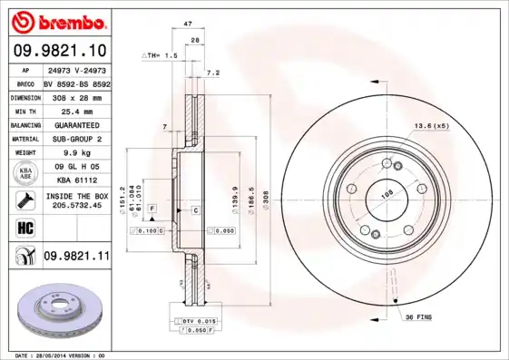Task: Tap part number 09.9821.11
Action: point(76,258)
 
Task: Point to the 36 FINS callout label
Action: point(417,317)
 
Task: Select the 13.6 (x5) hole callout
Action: point(432,126)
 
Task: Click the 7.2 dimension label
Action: point(213,72)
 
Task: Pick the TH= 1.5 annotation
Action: point(160,55)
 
